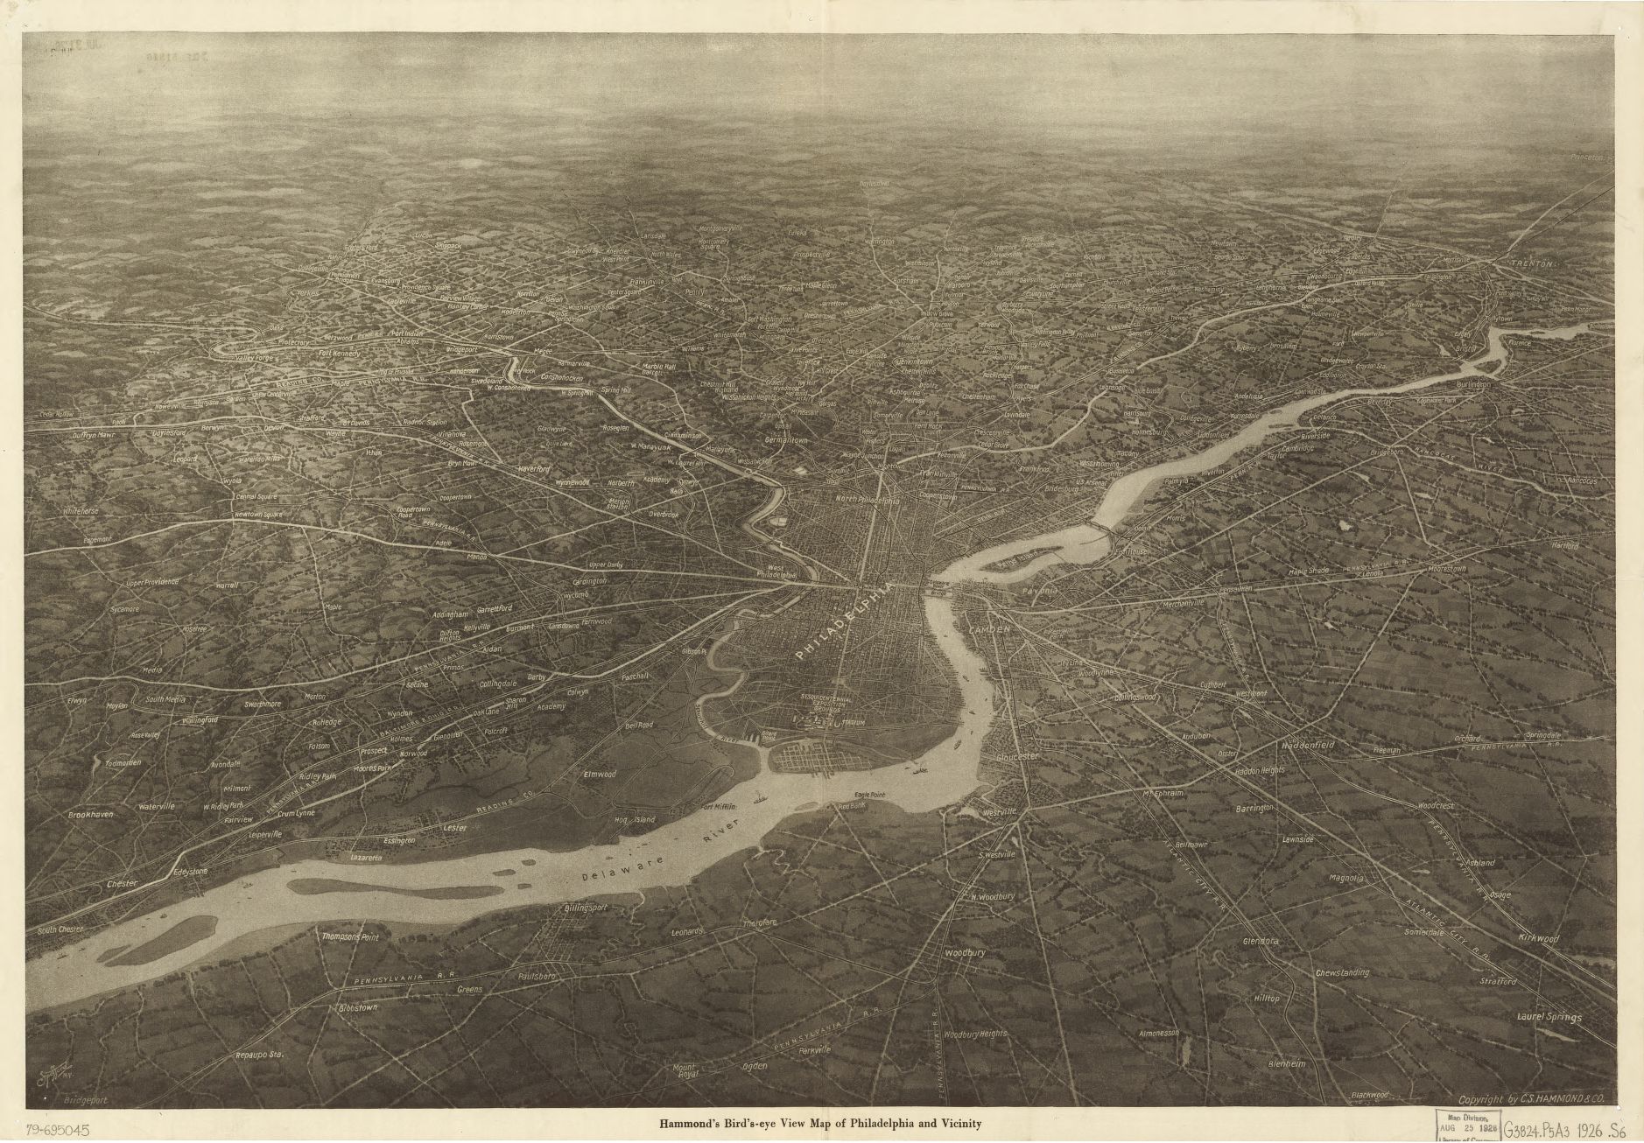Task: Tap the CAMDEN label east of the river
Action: pos(989,629)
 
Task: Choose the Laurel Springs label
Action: pos(1549,1018)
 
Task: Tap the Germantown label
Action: pos(785,441)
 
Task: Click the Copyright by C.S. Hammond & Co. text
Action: pos(1530,1099)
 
